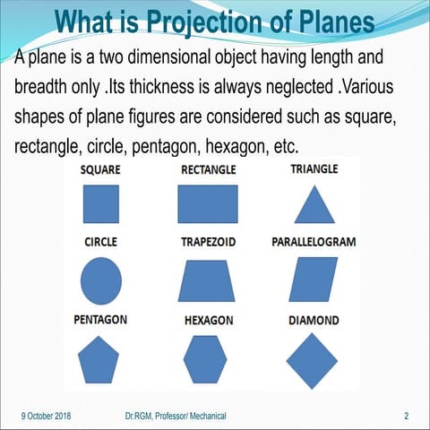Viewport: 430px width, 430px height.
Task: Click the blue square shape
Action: click(x=100, y=203)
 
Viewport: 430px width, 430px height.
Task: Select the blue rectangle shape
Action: click(x=208, y=203)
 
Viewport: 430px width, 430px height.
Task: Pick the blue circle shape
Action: click(x=100, y=279)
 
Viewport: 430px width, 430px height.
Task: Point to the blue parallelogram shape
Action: click(x=314, y=280)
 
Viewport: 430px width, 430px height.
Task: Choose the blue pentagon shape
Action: click(x=99, y=359)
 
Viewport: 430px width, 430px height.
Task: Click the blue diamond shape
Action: click(x=311, y=359)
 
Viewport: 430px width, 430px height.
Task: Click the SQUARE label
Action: click(x=100, y=169)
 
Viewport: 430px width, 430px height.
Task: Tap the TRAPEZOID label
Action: click(x=208, y=243)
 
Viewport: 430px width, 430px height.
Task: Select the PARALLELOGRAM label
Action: click(x=314, y=242)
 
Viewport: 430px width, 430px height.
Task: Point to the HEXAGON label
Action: click(x=209, y=321)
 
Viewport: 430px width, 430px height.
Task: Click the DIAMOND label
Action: click(x=313, y=321)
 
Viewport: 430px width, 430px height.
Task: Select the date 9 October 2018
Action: click(x=46, y=417)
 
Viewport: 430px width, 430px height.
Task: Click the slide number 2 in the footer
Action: click(x=406, y=417)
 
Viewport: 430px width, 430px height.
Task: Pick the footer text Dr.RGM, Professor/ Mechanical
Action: click(x=176, y=417)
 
